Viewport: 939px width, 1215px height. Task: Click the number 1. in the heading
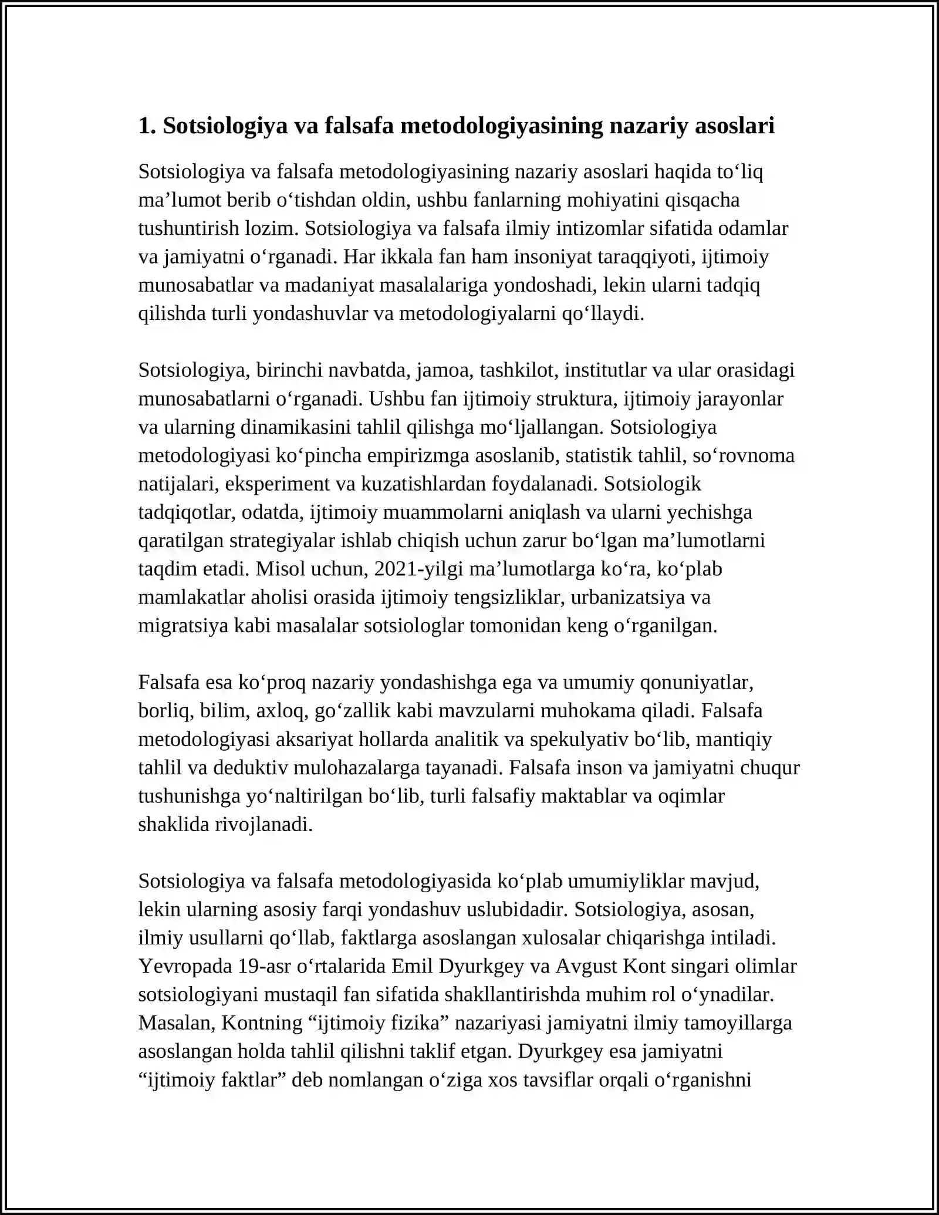click(147, 126)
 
